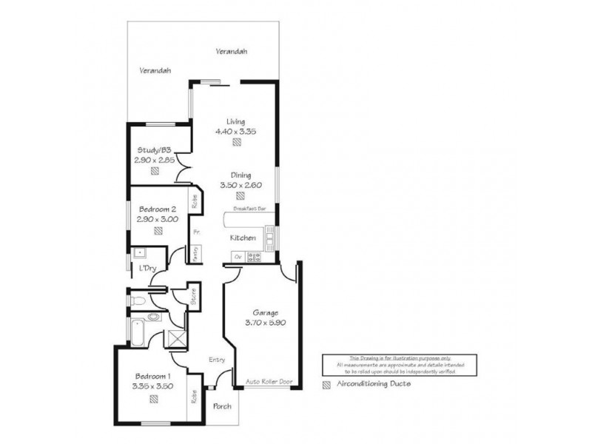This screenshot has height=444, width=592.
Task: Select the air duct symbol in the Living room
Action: (x=235, y=142)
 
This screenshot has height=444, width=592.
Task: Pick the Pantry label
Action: (x=195, y=253)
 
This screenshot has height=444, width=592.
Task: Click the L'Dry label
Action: (x=147, y=268)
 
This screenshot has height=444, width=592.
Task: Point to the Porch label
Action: (x=221, y=406)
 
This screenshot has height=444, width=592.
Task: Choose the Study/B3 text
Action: (x=152, y=149)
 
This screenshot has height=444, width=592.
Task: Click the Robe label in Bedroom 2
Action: (x=194, y=202)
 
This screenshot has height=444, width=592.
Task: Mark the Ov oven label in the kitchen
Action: (x=238, y=257)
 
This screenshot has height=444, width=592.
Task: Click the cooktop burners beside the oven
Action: (x=255, y=257)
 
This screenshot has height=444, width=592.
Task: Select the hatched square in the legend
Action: (x=327, y=385)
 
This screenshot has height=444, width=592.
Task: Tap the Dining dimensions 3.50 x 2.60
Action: (x=235, y=185)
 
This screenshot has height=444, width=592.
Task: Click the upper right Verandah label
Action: (x=231, y=52)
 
